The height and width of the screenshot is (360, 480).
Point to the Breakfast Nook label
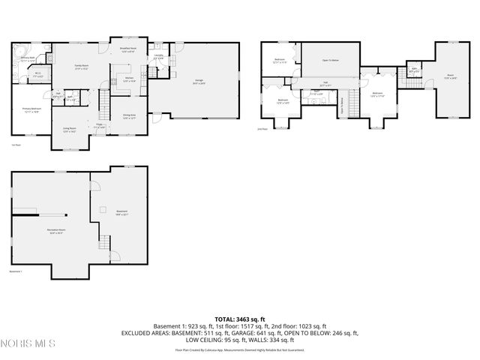pyautogui.click(x=127, y=50)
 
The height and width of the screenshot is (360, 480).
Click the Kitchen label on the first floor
pyautogui.click(x=128, y=80)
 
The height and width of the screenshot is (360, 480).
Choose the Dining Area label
pyautogui.click(x=129, y=116)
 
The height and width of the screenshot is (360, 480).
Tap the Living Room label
pyautogui.click(x=70, y=130)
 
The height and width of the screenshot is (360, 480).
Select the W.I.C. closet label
pyautogui.click(x=37, y=75)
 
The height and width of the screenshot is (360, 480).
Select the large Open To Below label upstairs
pyautogui.click(x=331, y=60)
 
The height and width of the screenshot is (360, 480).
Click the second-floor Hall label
pyautogui.click(x=325, y=85)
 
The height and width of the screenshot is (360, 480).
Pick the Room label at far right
pyautogui.click(x=451, y=76)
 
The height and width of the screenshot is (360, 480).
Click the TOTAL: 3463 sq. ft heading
pyautogui.click(x=240, y=319)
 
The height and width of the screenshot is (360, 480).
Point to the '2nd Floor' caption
pyautogui.click(x=262, y=129)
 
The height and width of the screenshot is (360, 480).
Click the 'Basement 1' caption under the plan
pyautogui.click(x=16, y=271)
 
